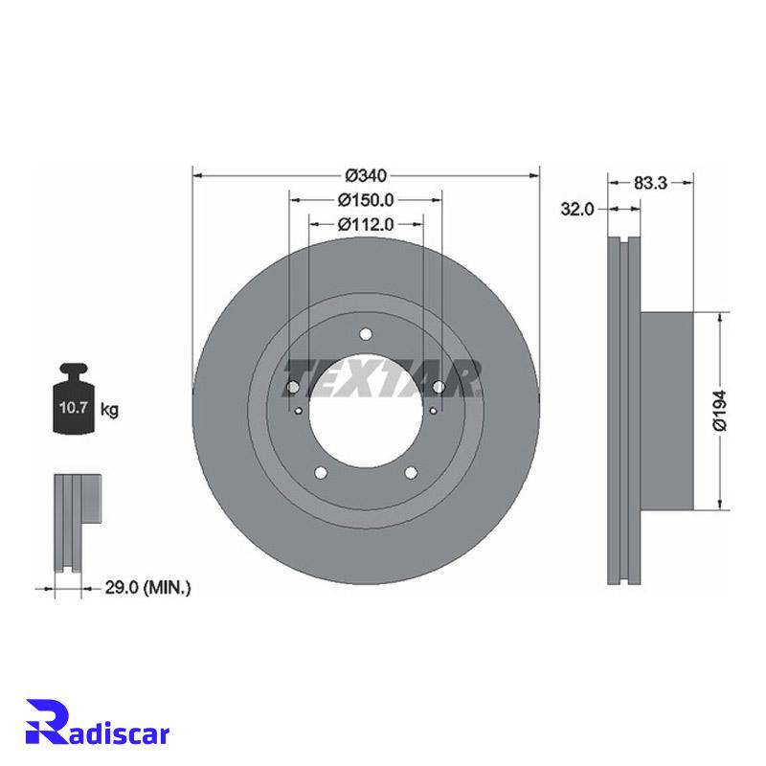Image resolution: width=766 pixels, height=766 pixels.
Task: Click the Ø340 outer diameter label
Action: [366, 175]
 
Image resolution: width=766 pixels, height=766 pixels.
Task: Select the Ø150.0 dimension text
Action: [366, 200]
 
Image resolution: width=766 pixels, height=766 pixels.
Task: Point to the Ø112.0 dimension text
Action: [366, 224]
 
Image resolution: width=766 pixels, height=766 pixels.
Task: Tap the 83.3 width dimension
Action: [650, 183]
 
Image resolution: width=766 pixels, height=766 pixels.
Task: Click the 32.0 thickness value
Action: [577, 209]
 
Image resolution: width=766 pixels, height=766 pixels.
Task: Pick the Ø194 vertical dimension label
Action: [720, 411]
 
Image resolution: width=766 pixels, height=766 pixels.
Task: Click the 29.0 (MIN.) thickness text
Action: [148, 588]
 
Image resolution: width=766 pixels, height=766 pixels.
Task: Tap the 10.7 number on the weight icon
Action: [73, 407]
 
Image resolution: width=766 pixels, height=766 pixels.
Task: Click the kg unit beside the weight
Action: [109, 410]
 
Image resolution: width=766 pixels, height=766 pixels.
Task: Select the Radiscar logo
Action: [98, 729]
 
